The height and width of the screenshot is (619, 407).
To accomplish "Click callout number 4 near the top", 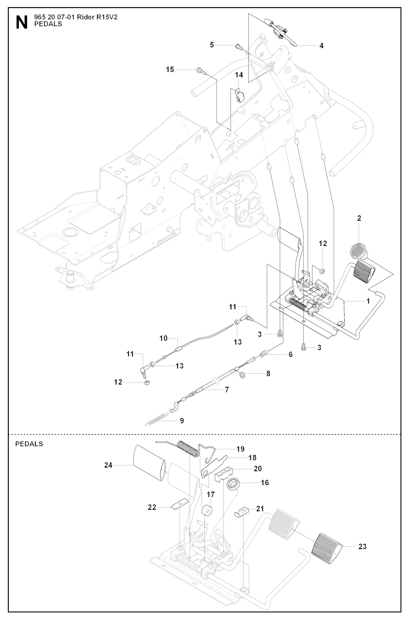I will coord(321,46).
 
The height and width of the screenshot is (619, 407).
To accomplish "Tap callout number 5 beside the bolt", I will coord(212,45).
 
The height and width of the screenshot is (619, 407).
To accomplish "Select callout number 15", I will coord(170,70).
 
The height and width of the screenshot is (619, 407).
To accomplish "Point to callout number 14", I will coord(238,75).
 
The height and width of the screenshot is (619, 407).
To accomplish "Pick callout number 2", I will coord(359,218).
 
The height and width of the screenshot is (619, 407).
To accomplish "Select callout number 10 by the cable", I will coord(163,338).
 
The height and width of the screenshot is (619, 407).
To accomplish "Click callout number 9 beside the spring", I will coord(182,420).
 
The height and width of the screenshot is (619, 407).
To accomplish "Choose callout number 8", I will coord(268,374).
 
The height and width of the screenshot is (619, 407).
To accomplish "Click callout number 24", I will coord(108,464).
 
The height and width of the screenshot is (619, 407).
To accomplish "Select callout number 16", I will coord(265,483).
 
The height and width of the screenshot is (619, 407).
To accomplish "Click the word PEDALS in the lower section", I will coord(29,444).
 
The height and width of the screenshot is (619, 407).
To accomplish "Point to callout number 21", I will coord(260,508).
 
